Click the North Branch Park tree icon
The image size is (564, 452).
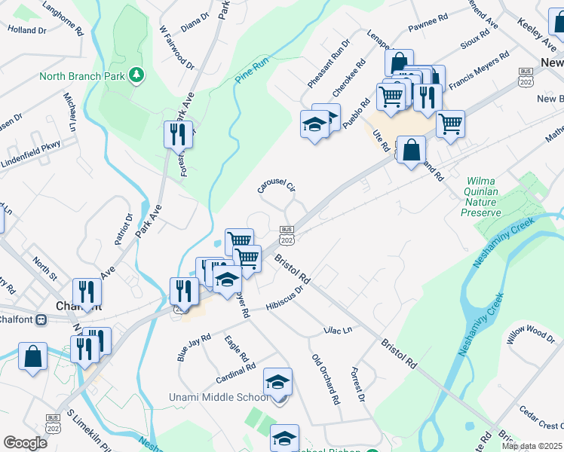tap(136, 75)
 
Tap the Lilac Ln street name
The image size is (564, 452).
tap(337, 330)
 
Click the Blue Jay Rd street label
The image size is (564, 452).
tap(193, 348)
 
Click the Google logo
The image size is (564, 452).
tap(25, 443)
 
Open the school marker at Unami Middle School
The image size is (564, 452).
tap(277, 381)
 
